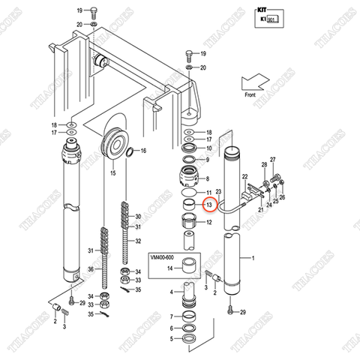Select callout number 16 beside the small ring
pyautogui.click(x=143, y=151)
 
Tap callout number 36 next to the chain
pyautogui.click(x=90, y=270)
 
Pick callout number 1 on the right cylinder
pyautogui.click(x=253, y=259)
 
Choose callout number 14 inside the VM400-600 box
pyautogui.click(x=170, y=268)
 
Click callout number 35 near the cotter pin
pyautogui.click(x=90, y=314)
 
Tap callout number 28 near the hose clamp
pyautogui.click(x=265, y=165)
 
